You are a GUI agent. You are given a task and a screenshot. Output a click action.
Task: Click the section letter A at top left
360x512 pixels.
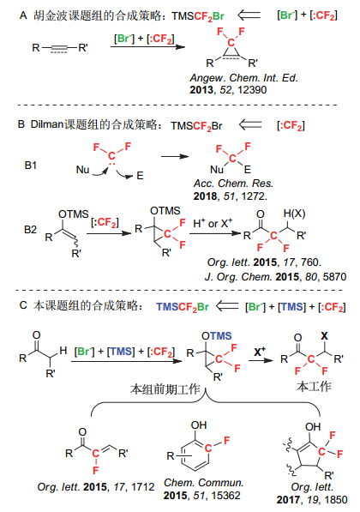tap(23, 15)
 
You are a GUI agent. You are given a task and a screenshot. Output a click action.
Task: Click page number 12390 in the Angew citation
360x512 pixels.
tap(252, 90)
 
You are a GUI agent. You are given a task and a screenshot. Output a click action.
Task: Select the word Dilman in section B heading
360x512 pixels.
tap(46, 124)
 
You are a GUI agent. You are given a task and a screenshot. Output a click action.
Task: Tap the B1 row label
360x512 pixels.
tap(31, 166)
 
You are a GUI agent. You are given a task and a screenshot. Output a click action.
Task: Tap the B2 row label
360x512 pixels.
tap(30, 230)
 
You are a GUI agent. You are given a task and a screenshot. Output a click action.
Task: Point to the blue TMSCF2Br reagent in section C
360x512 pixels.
tap(182, 307)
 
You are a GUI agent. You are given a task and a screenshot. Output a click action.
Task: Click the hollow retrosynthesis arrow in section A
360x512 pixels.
tap(249, 15)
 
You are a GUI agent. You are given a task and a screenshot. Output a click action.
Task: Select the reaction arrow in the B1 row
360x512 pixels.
tap(175, 157)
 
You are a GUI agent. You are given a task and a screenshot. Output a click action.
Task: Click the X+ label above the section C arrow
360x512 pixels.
tap(260, 352)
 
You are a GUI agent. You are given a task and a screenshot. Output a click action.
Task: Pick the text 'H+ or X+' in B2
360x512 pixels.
tap(213, 224)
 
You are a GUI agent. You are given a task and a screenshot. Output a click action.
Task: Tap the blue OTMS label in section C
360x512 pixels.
tap(216, 336)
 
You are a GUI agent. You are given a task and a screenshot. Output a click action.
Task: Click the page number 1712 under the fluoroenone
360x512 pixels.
tap(142, 487)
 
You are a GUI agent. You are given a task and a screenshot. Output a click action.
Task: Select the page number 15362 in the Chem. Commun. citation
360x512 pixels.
tap(225, 496)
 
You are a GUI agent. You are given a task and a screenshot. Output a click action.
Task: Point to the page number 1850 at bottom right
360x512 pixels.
tap(335, 500)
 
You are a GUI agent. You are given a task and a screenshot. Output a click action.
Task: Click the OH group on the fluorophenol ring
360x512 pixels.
tap(199, 425)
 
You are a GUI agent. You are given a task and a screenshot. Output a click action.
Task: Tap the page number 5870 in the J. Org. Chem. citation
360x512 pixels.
tap(334, 277)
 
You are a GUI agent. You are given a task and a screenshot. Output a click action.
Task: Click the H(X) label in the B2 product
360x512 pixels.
tap(294, 214)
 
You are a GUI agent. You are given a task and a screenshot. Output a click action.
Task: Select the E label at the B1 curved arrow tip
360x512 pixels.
tap(140, 176)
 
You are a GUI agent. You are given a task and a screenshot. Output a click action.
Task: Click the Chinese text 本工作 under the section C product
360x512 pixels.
tap(314, 387)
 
